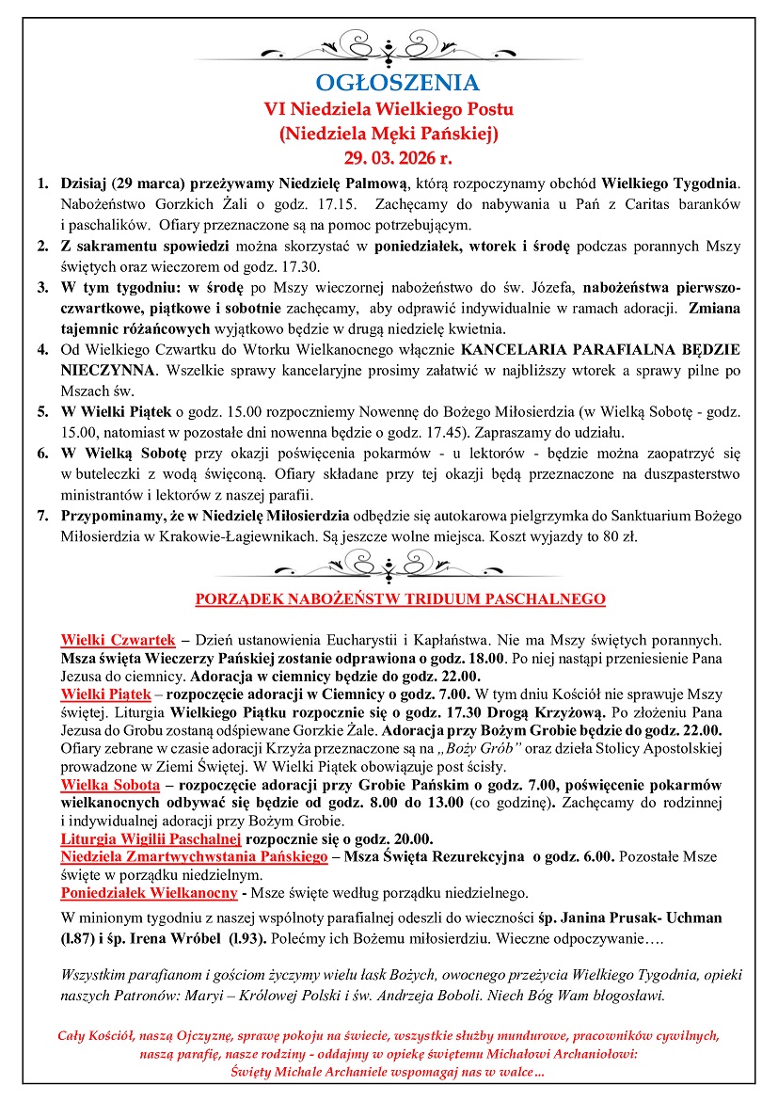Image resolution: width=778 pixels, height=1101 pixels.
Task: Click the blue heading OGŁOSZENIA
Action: [388, 82]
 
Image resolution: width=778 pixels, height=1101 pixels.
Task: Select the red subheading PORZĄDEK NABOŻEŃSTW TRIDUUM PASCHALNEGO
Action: [400, 598]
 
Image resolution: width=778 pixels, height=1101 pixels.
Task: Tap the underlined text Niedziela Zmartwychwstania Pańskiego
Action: [194, 856]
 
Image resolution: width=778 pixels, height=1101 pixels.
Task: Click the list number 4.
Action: [42, 350]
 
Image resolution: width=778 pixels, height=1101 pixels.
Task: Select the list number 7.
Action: [42, 515]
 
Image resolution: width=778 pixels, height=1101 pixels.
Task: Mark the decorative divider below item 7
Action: [388, 565]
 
